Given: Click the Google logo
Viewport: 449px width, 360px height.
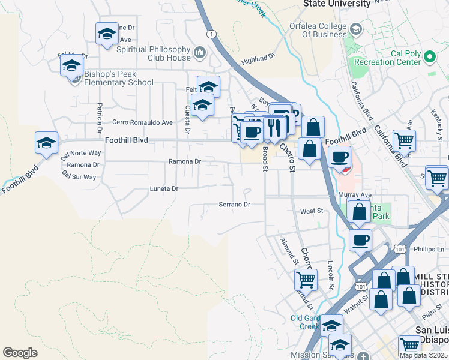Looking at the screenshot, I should [20, 353].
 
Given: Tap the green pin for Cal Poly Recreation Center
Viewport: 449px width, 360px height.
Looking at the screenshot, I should [429, 57].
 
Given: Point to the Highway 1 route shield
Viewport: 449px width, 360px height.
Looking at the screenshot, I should [211, 34].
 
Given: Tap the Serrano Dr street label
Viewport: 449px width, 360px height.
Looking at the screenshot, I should [234, 205].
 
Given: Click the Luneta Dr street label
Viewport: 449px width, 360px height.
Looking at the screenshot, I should [164, 188].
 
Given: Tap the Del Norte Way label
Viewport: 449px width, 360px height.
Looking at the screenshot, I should [80, 153].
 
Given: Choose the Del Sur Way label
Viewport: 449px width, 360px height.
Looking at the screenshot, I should [79, 177].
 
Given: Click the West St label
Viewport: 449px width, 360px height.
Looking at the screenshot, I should [312, 211].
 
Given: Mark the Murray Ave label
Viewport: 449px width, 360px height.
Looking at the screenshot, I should [359, 195].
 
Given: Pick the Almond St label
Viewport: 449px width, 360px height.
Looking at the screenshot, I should [289, 251].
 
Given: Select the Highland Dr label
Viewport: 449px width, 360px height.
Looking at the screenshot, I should [258, 58].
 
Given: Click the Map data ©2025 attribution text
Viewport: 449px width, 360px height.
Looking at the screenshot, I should [423, 355].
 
